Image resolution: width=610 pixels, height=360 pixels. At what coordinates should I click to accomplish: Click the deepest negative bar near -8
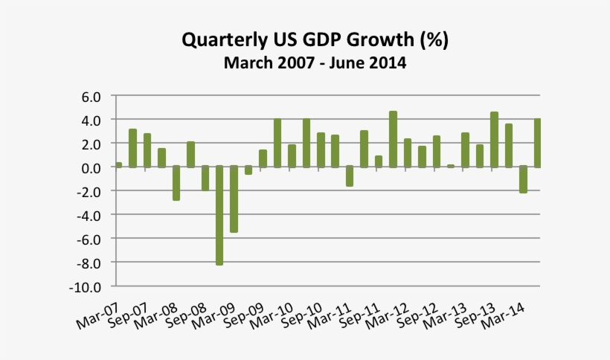(219, 215)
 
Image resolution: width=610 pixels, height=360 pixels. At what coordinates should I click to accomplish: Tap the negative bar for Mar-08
(176, 183)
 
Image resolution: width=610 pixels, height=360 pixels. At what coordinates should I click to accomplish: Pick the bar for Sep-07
(147, 150)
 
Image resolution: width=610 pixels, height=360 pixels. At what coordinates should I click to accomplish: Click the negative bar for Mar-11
(350, 176)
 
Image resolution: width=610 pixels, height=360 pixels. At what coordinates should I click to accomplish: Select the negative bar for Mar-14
(523, 179)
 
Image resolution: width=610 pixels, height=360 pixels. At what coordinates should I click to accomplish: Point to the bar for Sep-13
(494, 140)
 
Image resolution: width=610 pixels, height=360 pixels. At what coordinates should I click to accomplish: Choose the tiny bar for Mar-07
(118, 164)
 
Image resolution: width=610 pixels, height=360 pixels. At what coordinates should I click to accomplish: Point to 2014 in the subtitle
(385, 63)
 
